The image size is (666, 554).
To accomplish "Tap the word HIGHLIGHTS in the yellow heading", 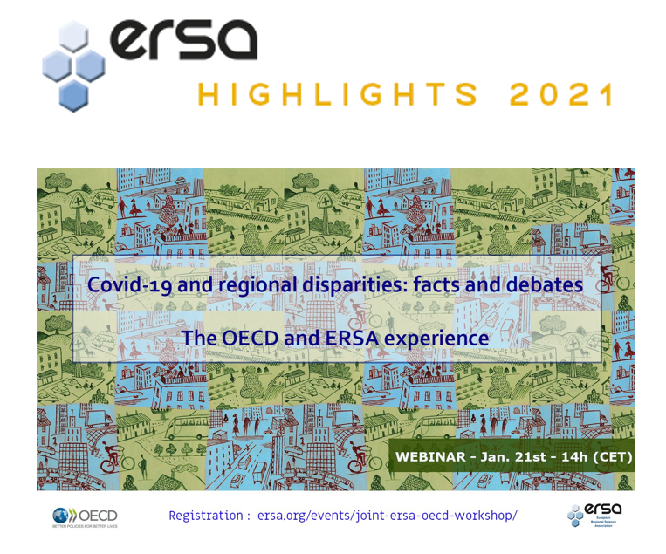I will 337,95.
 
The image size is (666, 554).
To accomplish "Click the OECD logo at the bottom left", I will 85,516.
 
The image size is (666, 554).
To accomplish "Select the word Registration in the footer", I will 205,516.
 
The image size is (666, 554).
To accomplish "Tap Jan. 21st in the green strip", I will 516,456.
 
